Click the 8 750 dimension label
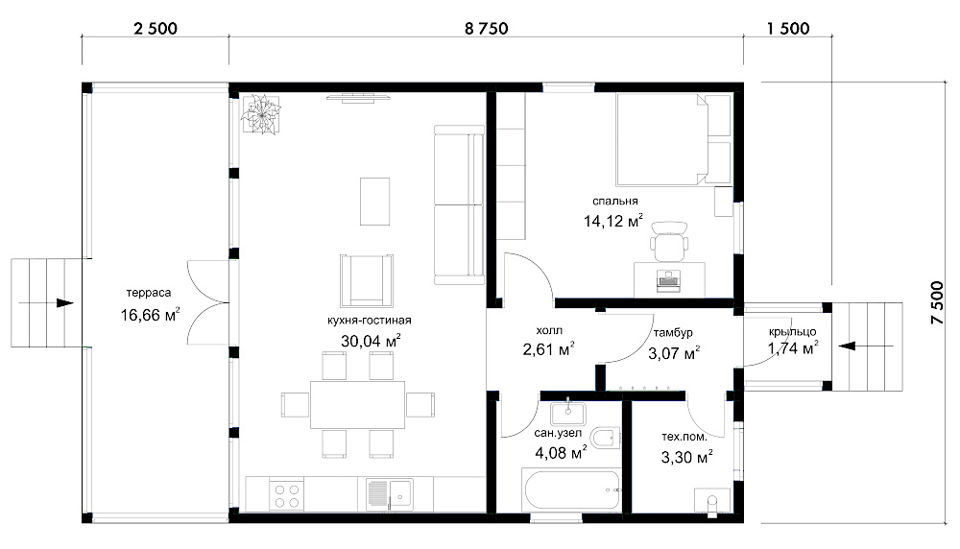click(486, 28)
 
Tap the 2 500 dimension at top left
click(155, 28)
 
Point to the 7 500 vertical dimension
click(937, 302)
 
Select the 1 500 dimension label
click(787, 28)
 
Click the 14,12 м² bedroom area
click(612, 221)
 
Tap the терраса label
click(149, 293)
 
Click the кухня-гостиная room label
click(370, 321)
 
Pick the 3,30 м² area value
click(686, 457)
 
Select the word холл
click(548, 330)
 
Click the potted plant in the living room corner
click(261, 114)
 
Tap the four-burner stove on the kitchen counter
click(286, 495)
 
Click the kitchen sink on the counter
click(390, 494)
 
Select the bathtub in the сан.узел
click(571, 489)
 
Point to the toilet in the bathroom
click(603, 438)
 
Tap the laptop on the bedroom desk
click(667, 278)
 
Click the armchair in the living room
click(366, 280)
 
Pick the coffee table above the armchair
click(374, 202)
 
